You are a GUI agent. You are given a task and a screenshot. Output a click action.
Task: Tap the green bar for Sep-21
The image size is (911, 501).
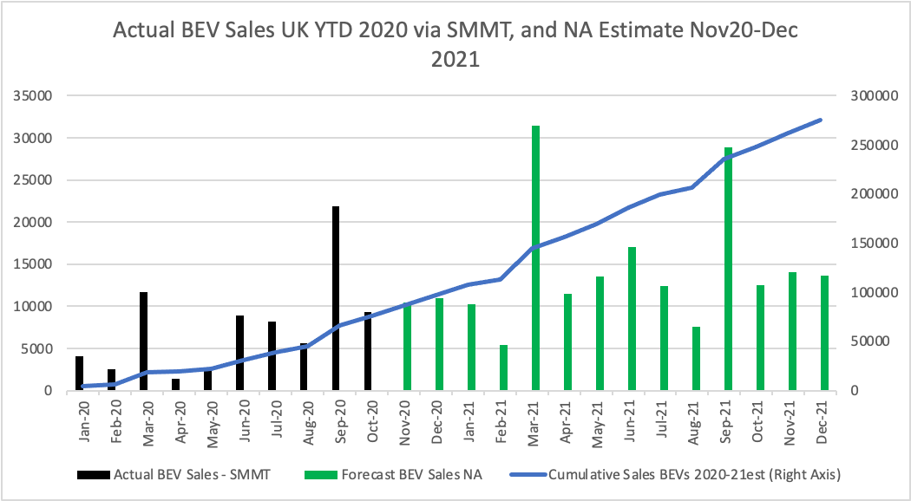click(x=728, y=269)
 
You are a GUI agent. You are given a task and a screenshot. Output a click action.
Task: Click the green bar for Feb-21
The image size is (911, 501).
click(x=504, y=368)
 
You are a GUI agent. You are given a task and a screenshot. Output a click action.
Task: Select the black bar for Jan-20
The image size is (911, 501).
click(x=80, y=374)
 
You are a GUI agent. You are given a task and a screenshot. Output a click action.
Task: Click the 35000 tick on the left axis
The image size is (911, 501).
click(x=32, y=95)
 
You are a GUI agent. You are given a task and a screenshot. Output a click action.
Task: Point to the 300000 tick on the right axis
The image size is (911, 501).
click(x=869, y=95)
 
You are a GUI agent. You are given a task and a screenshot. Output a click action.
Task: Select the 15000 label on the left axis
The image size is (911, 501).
click(x=32, y=264)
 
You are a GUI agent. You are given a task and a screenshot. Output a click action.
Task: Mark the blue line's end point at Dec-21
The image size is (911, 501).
click(x=822, y=120)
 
